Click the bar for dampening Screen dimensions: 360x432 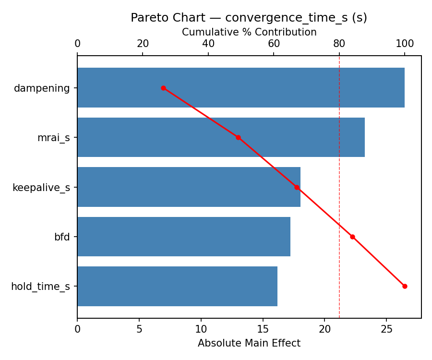[240, 88]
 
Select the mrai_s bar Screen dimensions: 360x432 [221, 137]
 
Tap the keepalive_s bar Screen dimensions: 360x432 [189, 187]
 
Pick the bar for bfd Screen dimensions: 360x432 [183, 237]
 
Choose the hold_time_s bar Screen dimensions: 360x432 [177, 286]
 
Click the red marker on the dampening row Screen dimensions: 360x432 [163, 88]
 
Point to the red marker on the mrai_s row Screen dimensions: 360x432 [238, 137]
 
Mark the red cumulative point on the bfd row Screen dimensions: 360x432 [352, 237]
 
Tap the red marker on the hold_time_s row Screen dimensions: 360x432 [405, 286]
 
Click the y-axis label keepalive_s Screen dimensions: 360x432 [41, 187]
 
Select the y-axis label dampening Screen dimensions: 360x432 [42, 88]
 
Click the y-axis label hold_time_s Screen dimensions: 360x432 [40, 287]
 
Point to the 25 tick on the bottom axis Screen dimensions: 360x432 [387, 329]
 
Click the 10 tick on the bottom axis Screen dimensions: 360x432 [201, 329]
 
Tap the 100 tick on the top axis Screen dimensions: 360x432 [405, 44]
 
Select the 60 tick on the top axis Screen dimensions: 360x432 [274, 44]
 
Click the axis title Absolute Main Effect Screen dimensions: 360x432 [249, 343]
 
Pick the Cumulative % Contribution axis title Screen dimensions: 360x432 [249, 32]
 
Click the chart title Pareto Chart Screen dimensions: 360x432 [249, 18]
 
